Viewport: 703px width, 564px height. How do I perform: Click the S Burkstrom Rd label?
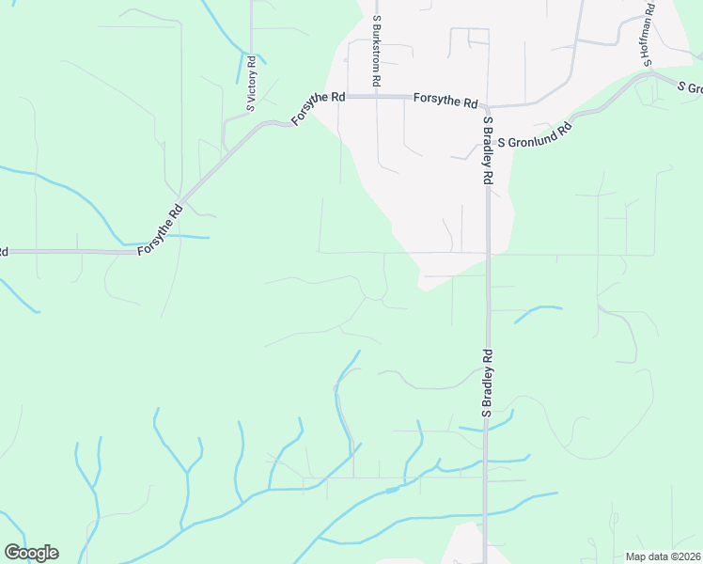pyautogui.click(x=376, y=51)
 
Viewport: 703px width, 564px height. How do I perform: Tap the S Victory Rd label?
pyautogui.click(x=251, y=83)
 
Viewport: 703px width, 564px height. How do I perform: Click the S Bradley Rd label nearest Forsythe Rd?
pyautogui.click(x=489, y=150)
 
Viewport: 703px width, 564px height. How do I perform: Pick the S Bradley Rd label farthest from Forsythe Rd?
pyautogui.click(x=488, y=384)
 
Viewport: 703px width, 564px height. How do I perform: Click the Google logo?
pyautogui.click(x=31, y=553)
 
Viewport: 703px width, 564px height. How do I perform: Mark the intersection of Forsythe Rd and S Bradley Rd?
pyautogui.click(x=488, y=106)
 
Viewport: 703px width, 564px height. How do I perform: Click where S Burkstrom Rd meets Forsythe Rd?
pyautogui.click(x=376, y=96)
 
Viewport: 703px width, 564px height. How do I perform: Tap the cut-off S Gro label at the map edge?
pyautogui.click(x=690, y=87)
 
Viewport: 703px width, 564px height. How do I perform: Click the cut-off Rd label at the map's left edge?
pyautogui.click(x=4, y=252)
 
